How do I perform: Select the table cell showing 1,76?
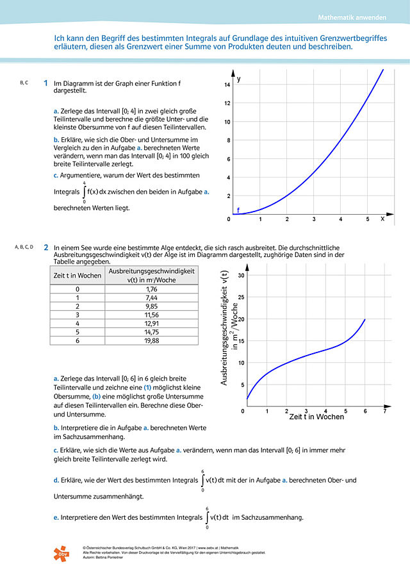pyautogui.click(x=151, y=289)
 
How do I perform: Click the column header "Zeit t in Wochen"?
pyautogui.click(x=77, y=276)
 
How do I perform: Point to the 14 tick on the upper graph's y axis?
pyautogui.click(x=227, y=85)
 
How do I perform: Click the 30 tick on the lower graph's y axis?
pyautogui.click(x=241, y=276)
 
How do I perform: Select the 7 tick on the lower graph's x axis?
pyautogui.click(x=384, y=411)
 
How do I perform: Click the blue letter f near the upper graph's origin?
pyautogui.click(x=238, y=210)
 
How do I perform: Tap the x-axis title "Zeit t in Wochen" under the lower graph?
pyautogui.click(x=316, y=417)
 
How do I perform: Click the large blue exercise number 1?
pyautogui.click(x=45, y=83)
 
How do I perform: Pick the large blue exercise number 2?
pyautogui.click(x=45, y=247)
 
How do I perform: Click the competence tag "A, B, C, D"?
pyautogui.click(x=24, y=247)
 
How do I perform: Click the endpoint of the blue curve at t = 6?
pyautogui.click(x=365, y=319)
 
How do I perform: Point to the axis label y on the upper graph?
pyautogui.click(x=239, y=79)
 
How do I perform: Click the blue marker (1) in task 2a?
pyautogui.click(x=146, y=387)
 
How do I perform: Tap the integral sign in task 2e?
pyautogui.click(x=207, y=518)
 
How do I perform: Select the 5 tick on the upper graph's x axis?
pyautogui.click(x=367, y=219)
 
